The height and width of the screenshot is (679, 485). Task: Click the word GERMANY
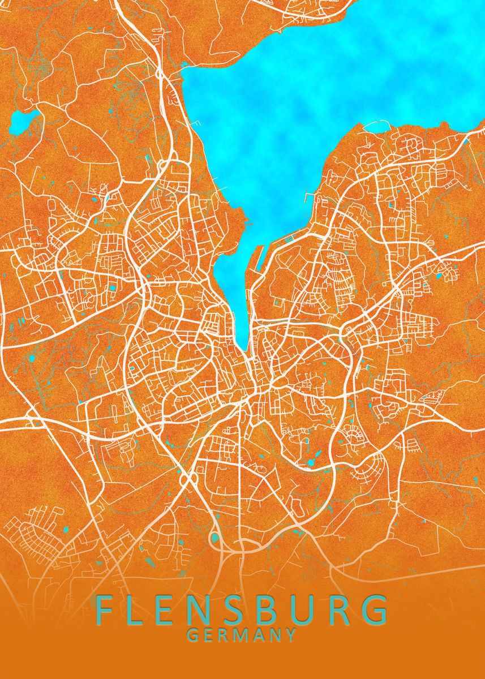pyautogui.click(x=242, y=635)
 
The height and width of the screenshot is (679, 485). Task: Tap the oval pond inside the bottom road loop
pyautogui.click(x=215, y=538)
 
